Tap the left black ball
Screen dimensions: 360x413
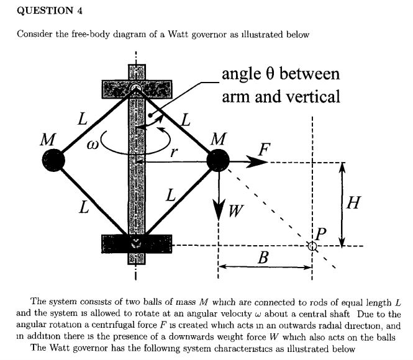(54, 161)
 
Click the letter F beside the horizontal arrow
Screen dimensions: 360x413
(265, 150)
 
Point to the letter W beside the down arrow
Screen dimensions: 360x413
(234, 212)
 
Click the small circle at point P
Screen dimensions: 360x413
(312, 246)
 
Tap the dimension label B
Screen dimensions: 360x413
(263, 258)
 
